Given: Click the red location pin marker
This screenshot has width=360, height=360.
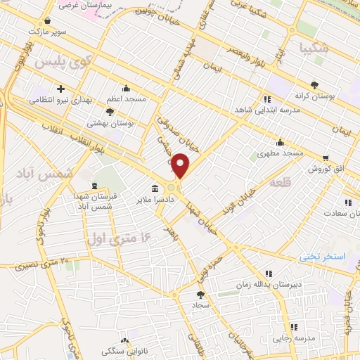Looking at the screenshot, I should click(x=181, y=166).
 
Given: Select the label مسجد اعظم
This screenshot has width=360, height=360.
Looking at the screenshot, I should click(x=126, y=99).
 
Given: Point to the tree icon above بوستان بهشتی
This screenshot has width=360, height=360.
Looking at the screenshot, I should click(x=110, y=111).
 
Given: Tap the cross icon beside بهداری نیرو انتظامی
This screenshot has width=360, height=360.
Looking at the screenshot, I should click(x=61, y=89).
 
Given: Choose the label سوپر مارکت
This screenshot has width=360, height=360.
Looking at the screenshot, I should click(x=46, y=32).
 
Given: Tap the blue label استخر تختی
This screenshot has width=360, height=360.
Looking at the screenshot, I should click(x=324, y=257).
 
